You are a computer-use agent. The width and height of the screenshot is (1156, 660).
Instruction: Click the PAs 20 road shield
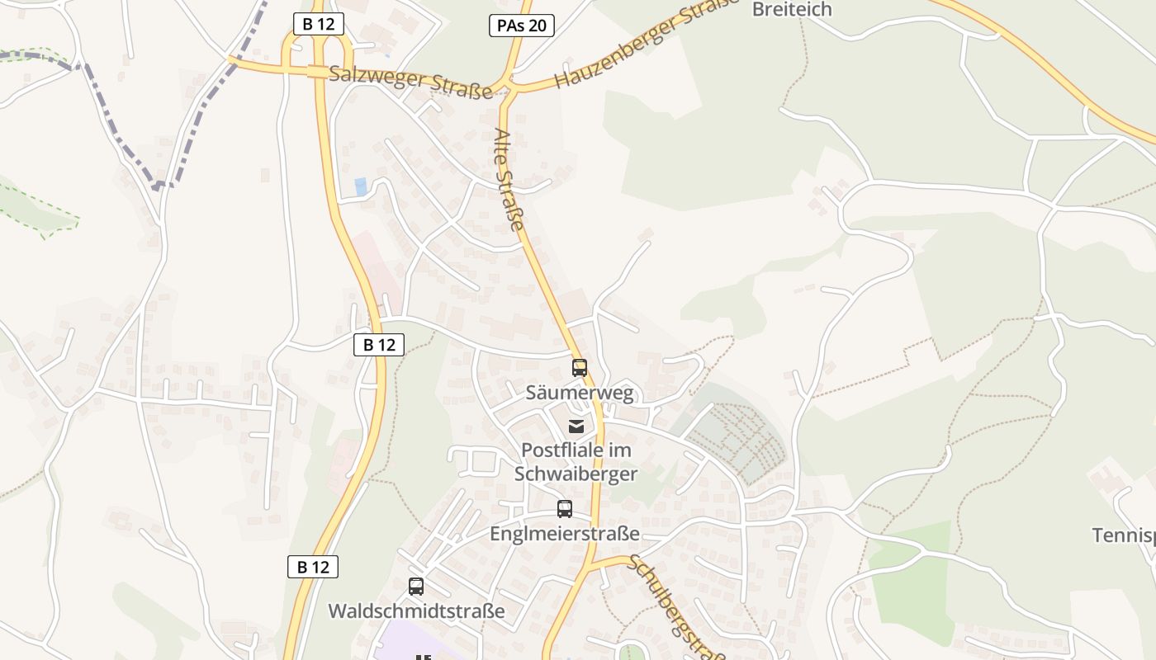[521, 26]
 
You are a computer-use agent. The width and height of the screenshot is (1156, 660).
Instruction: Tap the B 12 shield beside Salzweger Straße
[318, 24]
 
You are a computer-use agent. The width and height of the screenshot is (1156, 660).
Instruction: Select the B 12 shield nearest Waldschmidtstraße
[313, 567]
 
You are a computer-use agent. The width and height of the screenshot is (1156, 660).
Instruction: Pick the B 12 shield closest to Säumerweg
[379, 345]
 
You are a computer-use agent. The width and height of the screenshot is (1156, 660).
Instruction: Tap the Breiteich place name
[792, 10]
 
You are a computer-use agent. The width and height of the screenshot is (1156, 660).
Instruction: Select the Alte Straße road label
[509, 179]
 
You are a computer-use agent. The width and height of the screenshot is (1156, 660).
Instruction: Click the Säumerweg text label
[580, 393]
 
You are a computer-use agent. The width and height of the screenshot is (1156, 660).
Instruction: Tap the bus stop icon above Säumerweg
[580, 368]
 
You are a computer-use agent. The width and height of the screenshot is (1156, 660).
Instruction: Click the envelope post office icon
[576, 427]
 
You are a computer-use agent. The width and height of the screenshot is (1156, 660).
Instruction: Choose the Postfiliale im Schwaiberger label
[576, 462]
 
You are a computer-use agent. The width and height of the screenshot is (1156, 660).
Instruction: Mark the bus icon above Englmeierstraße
[565, 509]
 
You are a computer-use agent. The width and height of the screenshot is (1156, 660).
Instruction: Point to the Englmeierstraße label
[565, 534]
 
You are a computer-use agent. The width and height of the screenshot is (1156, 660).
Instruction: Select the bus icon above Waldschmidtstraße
[416, 587]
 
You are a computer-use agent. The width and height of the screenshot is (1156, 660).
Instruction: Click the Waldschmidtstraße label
[416, 611]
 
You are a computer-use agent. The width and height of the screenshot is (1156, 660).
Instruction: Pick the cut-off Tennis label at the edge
[1124, 535]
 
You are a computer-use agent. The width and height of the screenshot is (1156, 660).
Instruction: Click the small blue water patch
[361, 186]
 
